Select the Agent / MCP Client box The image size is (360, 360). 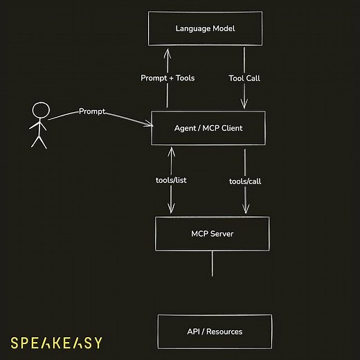click(208, 128)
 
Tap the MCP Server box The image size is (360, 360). click(212, 233)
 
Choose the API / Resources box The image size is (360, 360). click(215, 332)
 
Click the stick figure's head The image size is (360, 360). click(41, 109)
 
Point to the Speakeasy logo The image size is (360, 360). click(57, 342)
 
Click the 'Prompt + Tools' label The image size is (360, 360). click(168, 78)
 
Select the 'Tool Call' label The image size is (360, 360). click(245, 78)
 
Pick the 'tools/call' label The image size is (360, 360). click(245, 181)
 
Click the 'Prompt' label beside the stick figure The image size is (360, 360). click(92, 111)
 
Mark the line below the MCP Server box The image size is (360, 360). click(212, 263)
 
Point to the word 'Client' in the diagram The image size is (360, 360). click(229, 128)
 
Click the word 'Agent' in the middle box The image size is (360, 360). click(185, 128)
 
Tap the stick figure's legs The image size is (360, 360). click(39, 141)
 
